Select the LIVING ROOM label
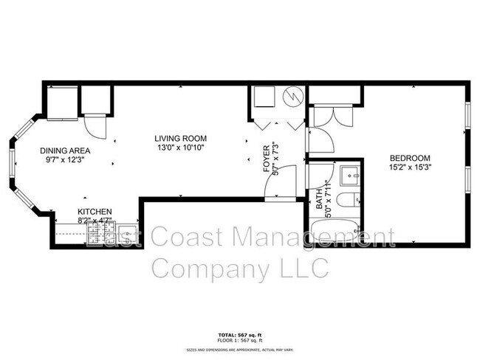click(180, 138)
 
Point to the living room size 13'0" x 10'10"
click(180, 148)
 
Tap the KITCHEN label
click(95, 210)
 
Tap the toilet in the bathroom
click(354, 199)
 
